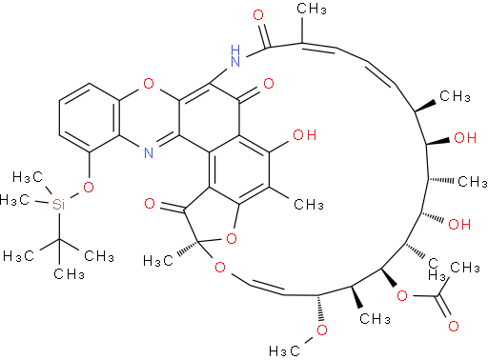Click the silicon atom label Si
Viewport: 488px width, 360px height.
pos(58,204)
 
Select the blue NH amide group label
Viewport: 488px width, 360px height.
pos(235,56)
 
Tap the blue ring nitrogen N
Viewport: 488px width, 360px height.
pos(149,152)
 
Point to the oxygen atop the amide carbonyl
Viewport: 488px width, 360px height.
pos(258,15)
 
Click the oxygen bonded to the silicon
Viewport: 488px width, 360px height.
pos(89,187)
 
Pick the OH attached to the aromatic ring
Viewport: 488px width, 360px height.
pos(304,135)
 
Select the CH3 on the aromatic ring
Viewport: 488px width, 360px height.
pos(309,204)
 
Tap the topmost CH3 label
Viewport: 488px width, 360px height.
pos(312,9)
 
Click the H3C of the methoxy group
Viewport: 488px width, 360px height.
pos(284,350)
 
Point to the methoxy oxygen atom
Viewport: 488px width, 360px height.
pos(322,330)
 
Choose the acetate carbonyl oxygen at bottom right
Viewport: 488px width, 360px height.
pos(454,326)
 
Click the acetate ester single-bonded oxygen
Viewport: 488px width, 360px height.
pos(402,296)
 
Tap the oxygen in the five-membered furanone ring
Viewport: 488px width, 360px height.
pos(232,238)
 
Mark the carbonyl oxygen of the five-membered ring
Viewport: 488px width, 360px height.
pos(150,203)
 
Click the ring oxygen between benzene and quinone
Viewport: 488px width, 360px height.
pos(149,84)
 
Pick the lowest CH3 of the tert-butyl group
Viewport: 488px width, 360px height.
pos(69,273)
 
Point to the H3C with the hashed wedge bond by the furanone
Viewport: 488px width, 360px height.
pos(158,261)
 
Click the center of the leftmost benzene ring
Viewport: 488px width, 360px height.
pos(90,118)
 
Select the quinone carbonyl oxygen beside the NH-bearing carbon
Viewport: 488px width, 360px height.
pos(269,84)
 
